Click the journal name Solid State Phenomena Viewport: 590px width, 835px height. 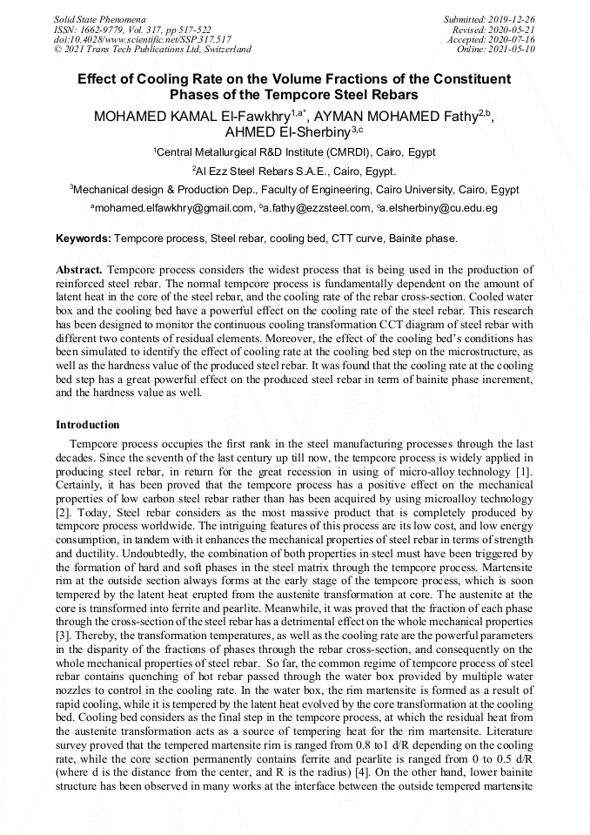pyautogui.click(x=99, y=18)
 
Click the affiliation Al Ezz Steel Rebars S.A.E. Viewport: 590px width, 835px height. pyautogui.click(x=296, y=171)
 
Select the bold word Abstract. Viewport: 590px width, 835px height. pyautogui.click(x=82, y=270)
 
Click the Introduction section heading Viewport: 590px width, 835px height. pyautogui.click(x=88, y=425)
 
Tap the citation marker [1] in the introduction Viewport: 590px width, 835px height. pyautogui.click(x=525, y=472)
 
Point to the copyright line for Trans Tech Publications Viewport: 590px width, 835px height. pyautogui.click(x=152, y=50)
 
